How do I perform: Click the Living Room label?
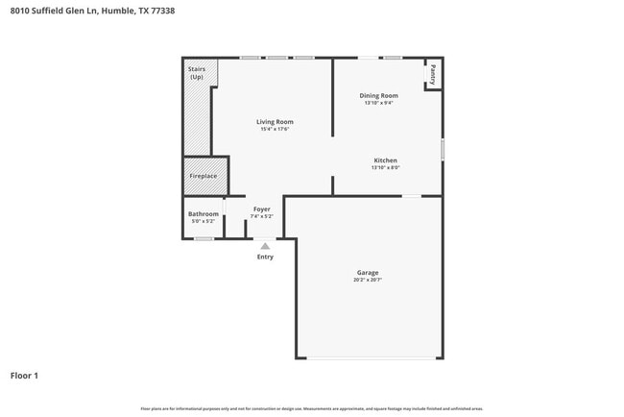point(275,122)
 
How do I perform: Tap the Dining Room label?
point(378,96)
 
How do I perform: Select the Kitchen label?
point(385,160)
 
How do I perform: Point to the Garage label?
point(369,273)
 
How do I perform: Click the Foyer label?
point(261,208)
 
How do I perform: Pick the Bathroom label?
point(203,213)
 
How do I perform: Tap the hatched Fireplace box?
point(203,176)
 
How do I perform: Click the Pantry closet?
point(433,74)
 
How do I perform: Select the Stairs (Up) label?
point(197,73)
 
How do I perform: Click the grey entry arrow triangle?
point(265,246)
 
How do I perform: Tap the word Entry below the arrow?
point(265,257)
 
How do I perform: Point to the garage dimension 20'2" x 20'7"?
point(369,280)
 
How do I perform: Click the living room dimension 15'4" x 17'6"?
point(275,130)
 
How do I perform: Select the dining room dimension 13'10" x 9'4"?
point(378,103)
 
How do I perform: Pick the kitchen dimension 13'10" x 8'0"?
point(385,168)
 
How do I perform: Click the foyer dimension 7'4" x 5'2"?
point(261,216)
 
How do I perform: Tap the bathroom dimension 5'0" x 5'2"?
point(203,221)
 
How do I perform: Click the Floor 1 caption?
point(24,376)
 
